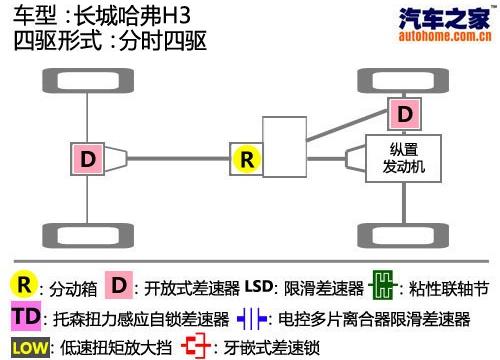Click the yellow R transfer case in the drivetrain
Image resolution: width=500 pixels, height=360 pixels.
[246, 158]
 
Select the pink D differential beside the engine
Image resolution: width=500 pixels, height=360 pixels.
[404, 114]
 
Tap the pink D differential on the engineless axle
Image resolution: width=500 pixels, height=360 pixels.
[89, 158]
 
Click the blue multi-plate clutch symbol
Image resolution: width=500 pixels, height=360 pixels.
[252, 320]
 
